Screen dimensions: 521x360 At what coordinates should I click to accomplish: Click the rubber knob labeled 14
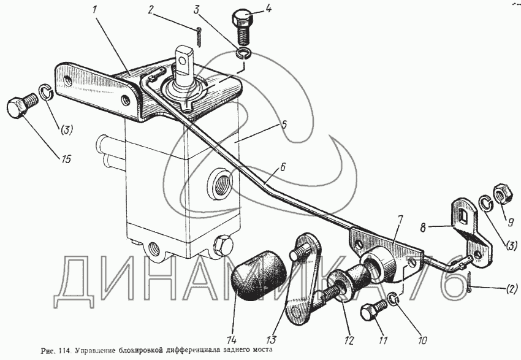click(x=260, y=278)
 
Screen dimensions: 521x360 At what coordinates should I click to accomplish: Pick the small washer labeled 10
click(x=394, y=297)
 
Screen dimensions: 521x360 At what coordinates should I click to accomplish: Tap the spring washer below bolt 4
click(x=244, y=53)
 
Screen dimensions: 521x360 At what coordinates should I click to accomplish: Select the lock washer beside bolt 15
click(x=46, y=92)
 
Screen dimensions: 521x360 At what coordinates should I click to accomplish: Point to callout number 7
click(x=401, y=220)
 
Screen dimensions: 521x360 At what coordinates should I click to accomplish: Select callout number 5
click(x=284, y=124)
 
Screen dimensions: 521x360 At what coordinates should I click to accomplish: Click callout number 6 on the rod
click(x=283, y=167)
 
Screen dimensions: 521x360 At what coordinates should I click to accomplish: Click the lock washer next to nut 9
click(x=486, y=203)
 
